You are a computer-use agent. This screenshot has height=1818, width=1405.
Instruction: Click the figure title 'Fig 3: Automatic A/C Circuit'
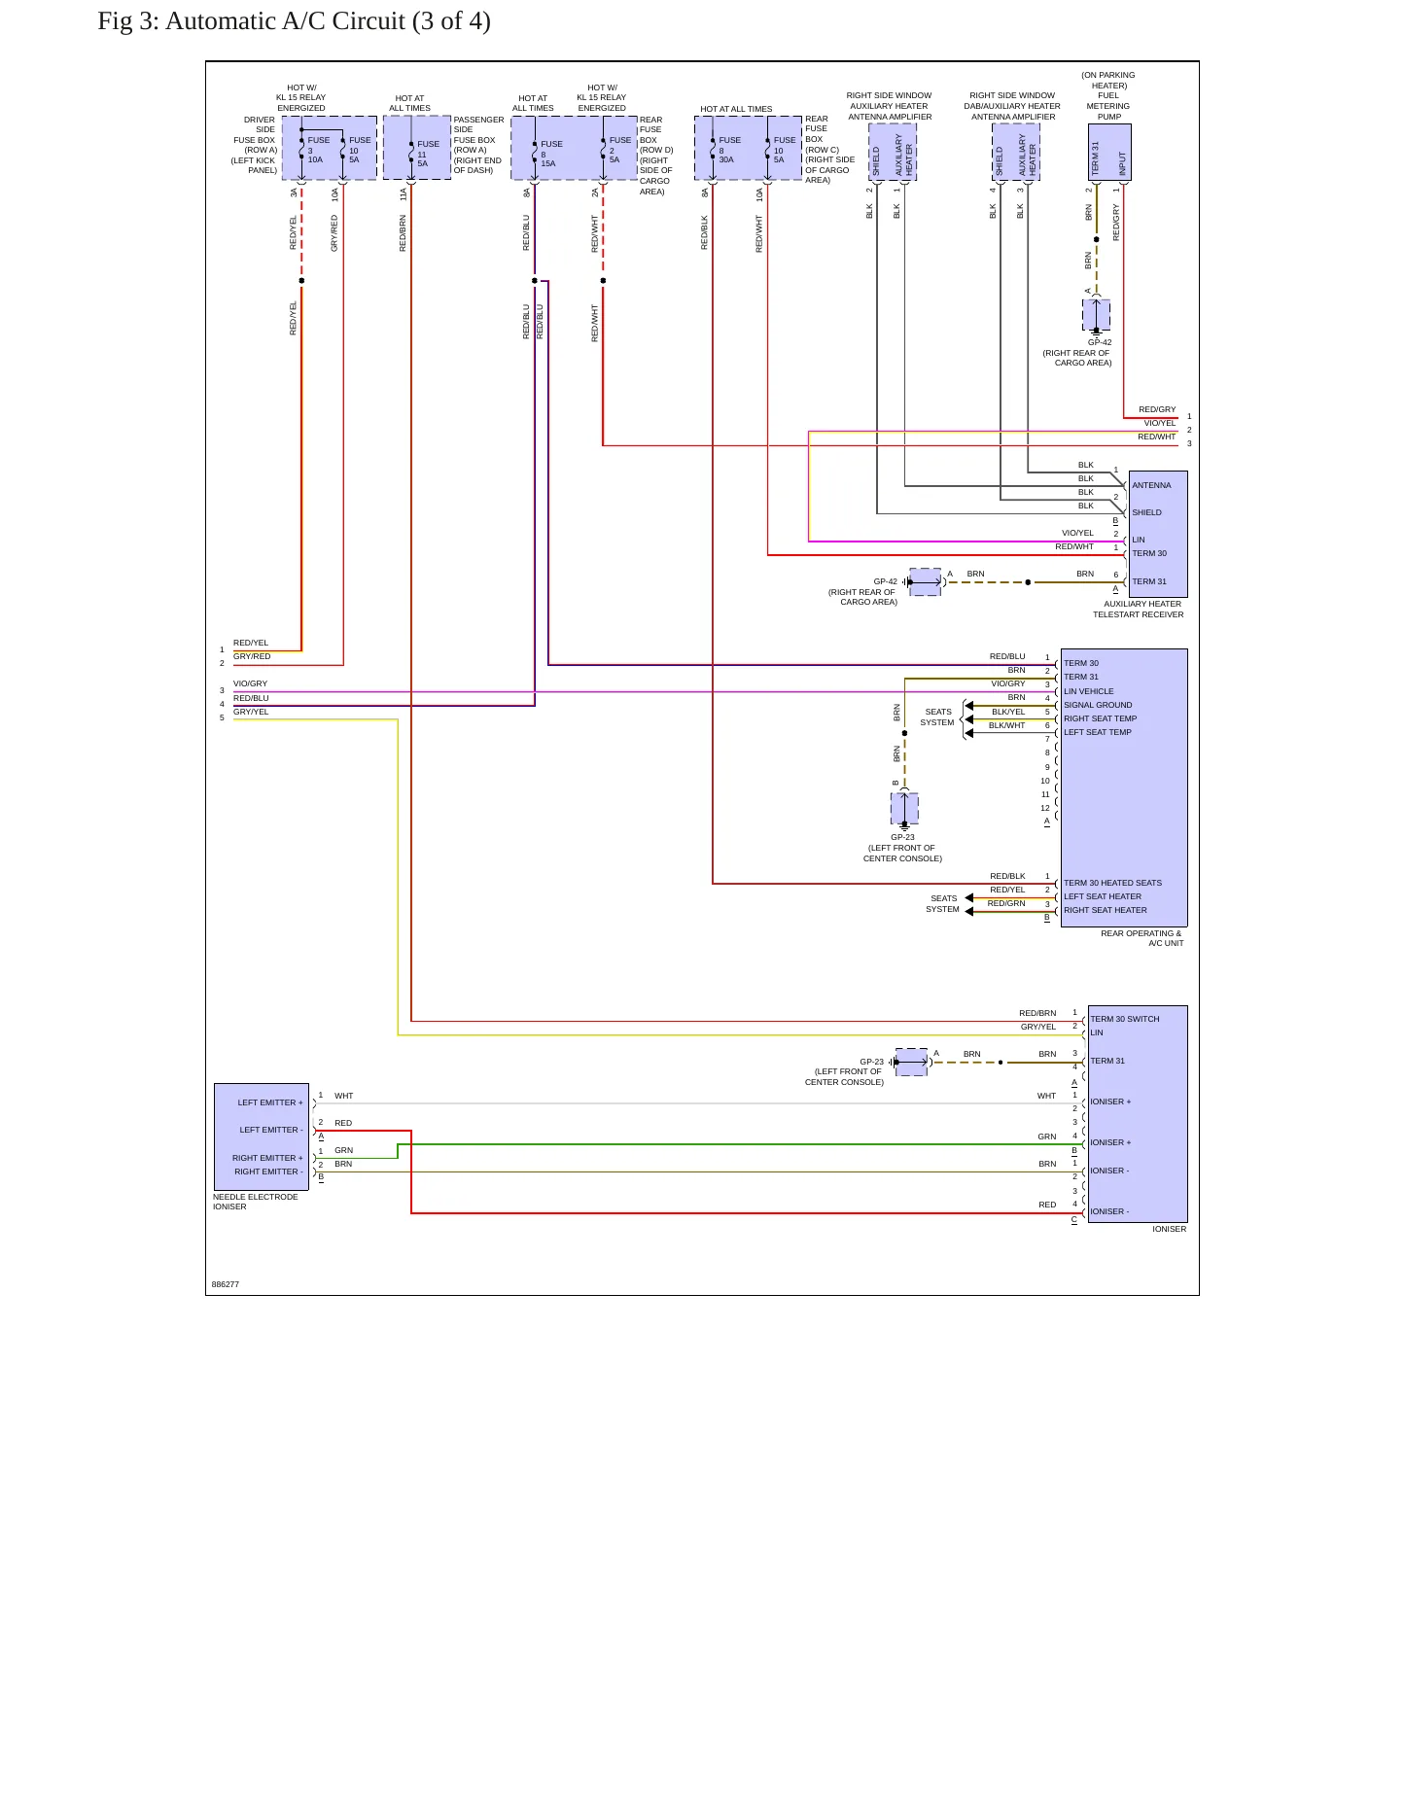click(x=251, y=21)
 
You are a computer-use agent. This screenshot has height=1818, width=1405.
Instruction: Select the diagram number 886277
click(x=226, y=1284)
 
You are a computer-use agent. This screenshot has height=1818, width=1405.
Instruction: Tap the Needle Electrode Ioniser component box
click(x=262, y=1136)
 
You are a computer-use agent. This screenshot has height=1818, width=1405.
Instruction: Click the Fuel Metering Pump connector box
click(x=1109, y=152)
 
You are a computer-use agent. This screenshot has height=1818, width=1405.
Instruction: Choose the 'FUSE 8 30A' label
click(x=729, y=150)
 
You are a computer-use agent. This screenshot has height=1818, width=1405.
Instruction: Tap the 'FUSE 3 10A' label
click(x=318, y=150)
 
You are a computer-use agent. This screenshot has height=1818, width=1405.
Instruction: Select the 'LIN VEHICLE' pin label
click(x=1089, y=691)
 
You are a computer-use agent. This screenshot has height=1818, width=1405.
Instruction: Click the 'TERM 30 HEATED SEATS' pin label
click(x=1112, y=883)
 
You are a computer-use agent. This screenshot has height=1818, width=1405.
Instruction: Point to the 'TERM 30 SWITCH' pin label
click(x=1125, y=1019)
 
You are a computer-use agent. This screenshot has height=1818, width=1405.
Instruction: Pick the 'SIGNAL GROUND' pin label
click(x=1098, y=705)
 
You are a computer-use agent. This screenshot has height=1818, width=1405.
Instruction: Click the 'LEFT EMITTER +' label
click(x=270, y=1102)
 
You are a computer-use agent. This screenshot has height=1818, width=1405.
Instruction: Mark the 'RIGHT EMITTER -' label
click(x=268, y=1171)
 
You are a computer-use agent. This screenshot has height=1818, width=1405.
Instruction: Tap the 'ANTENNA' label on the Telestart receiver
click(x=1151, y=485)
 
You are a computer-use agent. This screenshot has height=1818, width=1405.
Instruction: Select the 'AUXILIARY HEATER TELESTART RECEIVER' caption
click(x=1139, y=609)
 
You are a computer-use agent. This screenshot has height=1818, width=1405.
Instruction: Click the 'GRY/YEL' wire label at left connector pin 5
click(x=251, y=712)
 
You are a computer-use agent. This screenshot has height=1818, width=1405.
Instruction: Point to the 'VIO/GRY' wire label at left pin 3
click(x=250, y=683)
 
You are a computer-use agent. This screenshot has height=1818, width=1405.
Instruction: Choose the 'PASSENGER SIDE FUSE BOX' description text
click(x=478, y=145)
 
